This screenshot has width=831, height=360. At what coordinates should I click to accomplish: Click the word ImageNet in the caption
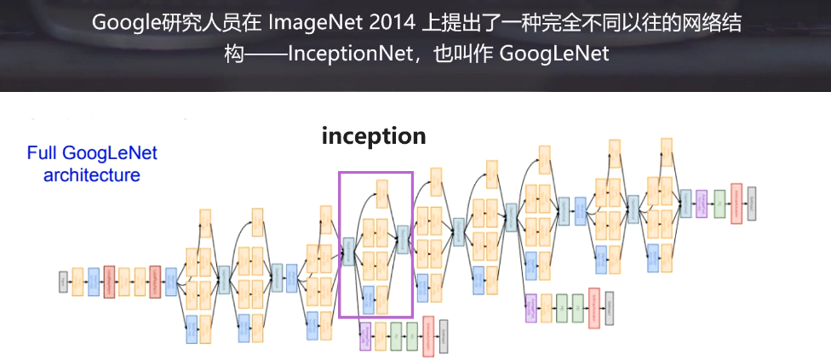(307, 24)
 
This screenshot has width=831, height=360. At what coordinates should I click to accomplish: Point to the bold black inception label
(374, 135)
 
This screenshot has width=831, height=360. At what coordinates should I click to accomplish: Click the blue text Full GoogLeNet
(92, 154)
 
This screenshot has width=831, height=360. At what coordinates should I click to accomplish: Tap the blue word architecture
(92, 176)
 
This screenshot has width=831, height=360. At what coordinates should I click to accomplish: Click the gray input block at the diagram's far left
(63, 282)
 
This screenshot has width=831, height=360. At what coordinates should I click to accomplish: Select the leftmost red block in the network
(109, 282)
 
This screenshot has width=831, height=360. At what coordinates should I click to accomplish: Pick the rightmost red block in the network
(736, 203)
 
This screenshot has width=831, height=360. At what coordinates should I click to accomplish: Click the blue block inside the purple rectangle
(369, 300)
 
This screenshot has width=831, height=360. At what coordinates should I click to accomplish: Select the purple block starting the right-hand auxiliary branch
(531, 307)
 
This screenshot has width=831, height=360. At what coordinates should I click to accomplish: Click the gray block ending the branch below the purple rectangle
(444, 335)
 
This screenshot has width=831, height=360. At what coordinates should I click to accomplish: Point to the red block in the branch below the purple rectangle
(428, 335)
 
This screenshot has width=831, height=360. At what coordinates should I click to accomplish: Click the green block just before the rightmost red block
(719, 203)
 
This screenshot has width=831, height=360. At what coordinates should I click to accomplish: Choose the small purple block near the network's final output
(702, 203)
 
